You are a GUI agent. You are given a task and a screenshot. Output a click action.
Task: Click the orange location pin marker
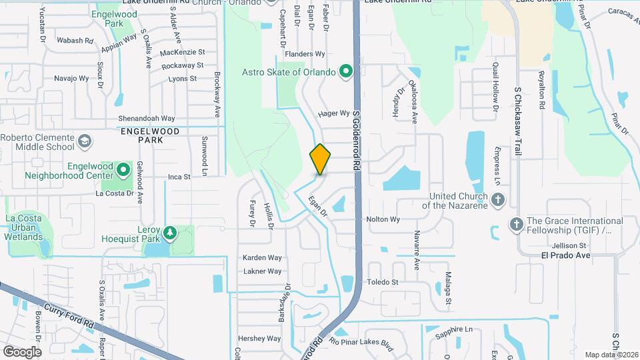coord(320,159)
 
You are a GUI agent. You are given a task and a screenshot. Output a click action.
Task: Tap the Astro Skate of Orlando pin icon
coord(346,71)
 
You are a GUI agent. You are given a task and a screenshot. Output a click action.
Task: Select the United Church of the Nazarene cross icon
coord(497,199)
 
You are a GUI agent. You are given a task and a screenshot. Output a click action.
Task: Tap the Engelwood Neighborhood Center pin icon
coord(124,169)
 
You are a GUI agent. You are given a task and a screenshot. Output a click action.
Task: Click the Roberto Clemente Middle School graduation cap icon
coord(85,141)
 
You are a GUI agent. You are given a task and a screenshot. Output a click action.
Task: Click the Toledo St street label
coord(382,282)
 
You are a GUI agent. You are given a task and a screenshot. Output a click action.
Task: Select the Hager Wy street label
coord(334,113)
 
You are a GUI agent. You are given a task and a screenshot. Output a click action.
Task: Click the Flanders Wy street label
coord(305,53)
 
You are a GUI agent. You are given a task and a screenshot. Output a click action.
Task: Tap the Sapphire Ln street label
coord(455,329)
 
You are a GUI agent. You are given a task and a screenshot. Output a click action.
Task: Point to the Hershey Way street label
coord(259,339)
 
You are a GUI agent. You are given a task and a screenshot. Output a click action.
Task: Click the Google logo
coord(22,351)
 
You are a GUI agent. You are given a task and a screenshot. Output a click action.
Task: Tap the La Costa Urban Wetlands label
coord(23,227)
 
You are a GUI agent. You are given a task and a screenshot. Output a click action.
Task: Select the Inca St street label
coord(179,177)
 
